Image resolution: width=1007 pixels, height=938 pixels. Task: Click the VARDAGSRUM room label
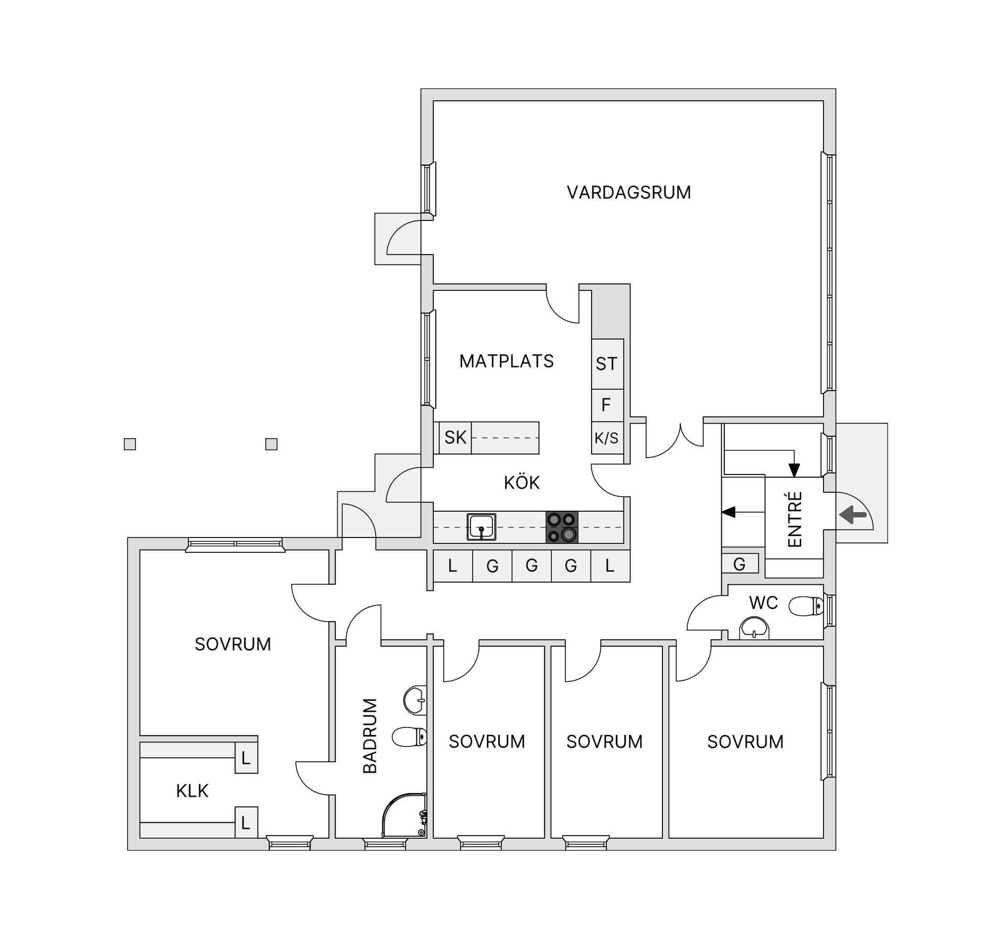(628, 193)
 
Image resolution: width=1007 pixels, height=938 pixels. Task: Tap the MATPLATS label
(506, 361)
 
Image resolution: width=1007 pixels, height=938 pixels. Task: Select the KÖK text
(521, 482)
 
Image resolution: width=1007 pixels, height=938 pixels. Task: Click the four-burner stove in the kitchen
(562, 527)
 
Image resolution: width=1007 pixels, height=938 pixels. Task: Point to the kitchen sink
(481, 527)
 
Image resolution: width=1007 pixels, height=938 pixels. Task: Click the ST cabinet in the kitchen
(607, 364)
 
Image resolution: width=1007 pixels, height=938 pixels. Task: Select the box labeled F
(606, 405)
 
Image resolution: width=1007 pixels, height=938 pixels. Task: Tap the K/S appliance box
(607, 437)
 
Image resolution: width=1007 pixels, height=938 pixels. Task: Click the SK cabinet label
(455, 437)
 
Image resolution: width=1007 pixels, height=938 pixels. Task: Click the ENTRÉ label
(795, 519)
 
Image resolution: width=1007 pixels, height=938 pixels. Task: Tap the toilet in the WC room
(807, 606)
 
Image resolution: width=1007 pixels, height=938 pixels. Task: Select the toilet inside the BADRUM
(409, 737)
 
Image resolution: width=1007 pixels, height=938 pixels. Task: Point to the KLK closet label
(192, 791)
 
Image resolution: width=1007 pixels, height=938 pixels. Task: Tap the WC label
(763, 603)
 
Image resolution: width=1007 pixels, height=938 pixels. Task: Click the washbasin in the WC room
(754, 628)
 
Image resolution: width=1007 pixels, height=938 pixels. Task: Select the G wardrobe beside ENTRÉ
(740, 564)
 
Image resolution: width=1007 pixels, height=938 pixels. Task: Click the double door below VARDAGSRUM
(674, 441)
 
